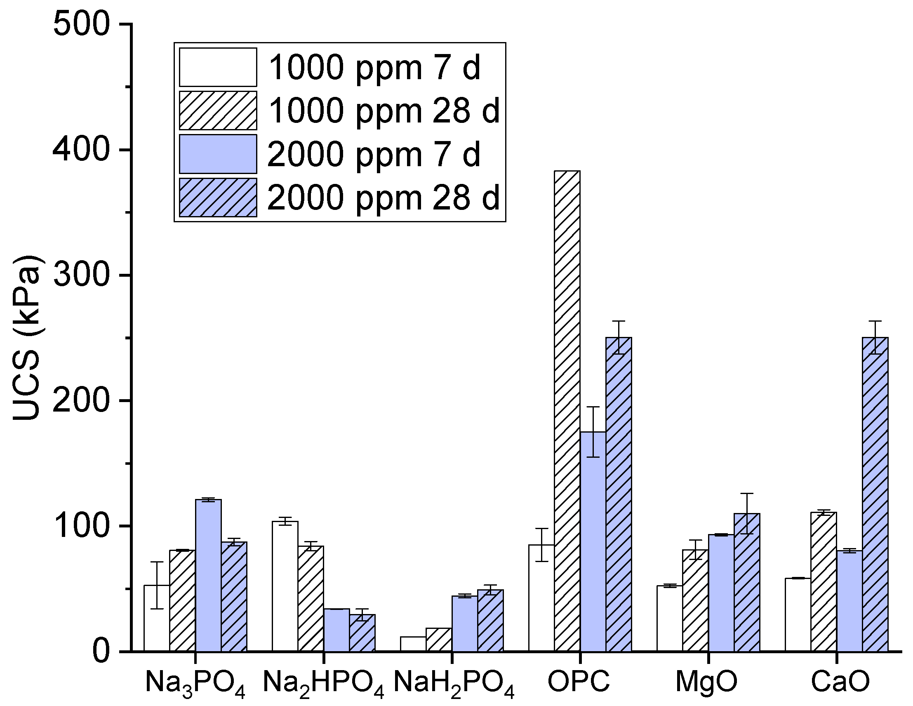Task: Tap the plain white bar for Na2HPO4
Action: click(285, 586)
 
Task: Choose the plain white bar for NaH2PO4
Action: click(413, 644)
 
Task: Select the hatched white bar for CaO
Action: click(823, 581)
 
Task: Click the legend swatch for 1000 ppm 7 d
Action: click(218, 67)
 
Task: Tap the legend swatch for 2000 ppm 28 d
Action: click(218, 198)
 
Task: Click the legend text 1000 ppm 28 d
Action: click(384, 111)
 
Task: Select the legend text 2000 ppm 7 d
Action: click(374, 154)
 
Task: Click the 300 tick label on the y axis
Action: click(82, 275)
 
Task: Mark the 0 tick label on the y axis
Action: click(100, 651)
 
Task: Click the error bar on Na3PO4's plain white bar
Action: click(157, 585)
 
